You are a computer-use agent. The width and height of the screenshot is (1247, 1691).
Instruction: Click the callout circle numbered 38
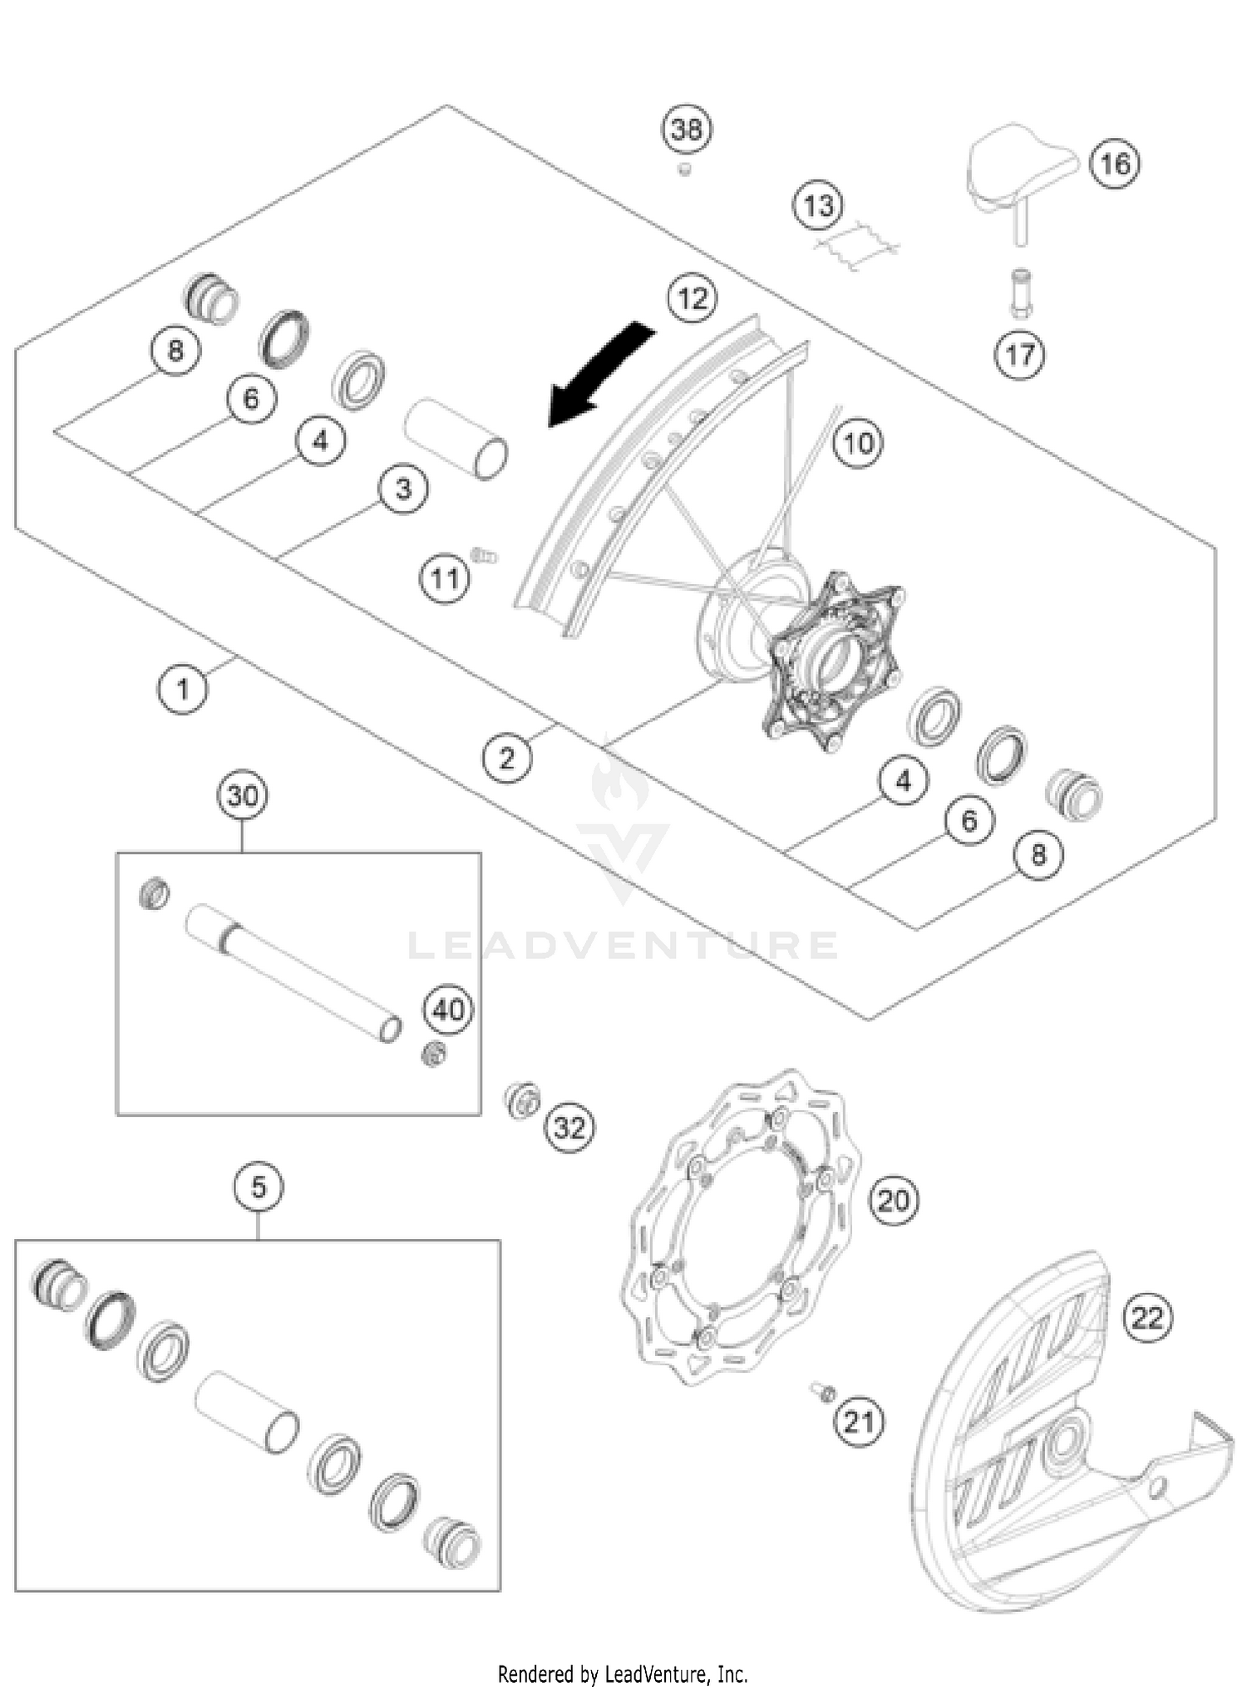coord(687,130)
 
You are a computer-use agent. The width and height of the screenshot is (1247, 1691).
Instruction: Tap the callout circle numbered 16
coord(1114,164)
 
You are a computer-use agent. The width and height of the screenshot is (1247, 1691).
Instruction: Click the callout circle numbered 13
coord(818,205)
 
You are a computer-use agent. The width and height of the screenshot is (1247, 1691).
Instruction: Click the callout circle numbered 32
coord(569,1128)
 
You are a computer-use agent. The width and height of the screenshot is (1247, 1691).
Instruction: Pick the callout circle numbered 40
coord(448,1010)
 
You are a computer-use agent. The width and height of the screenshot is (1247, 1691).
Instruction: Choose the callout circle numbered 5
coord(259,1187)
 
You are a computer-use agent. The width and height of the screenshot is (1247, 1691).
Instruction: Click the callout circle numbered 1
coord(183,689)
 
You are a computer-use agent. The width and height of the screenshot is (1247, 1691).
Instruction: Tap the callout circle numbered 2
coord(507,758)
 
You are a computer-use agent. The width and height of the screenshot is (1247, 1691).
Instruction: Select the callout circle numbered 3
coord(403,489)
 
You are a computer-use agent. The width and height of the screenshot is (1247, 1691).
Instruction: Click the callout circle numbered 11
coord(444,578)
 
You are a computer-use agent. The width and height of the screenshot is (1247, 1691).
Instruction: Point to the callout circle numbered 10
coord(857,443)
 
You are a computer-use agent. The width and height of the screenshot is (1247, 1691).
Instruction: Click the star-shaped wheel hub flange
coord(831,661)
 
